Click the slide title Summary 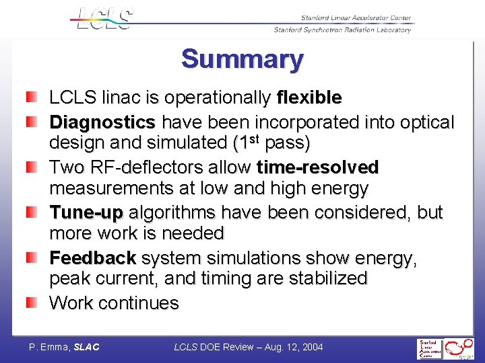242,59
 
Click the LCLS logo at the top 102,18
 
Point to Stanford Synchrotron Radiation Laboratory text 342,30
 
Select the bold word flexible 309,98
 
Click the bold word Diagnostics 102,122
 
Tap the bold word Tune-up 86,212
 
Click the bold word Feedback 93,258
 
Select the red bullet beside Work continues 32,303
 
